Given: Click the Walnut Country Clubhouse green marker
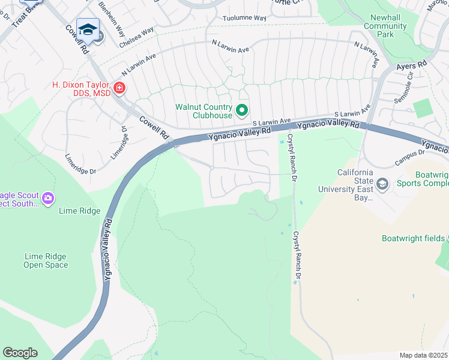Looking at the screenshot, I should click(x=242, y=110).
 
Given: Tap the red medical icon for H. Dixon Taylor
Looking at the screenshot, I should click(x=119, y=89).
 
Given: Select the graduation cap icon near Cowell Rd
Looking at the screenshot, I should click(x=88, y=29).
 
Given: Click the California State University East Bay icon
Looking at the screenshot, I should click(x=382, y=183).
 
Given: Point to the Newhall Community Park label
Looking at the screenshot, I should click(x=388, y=26).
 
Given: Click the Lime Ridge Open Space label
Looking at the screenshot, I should click(x=46, y=260).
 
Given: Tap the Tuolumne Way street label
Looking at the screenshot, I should click(x=244, y=19).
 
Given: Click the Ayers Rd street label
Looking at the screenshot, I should click(x=411, y=63).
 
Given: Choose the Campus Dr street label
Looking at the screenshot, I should click(x=409, y=157).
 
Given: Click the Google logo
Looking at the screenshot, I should click(x=20, y=353).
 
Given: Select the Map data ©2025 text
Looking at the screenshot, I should click(x=424, y=355).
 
